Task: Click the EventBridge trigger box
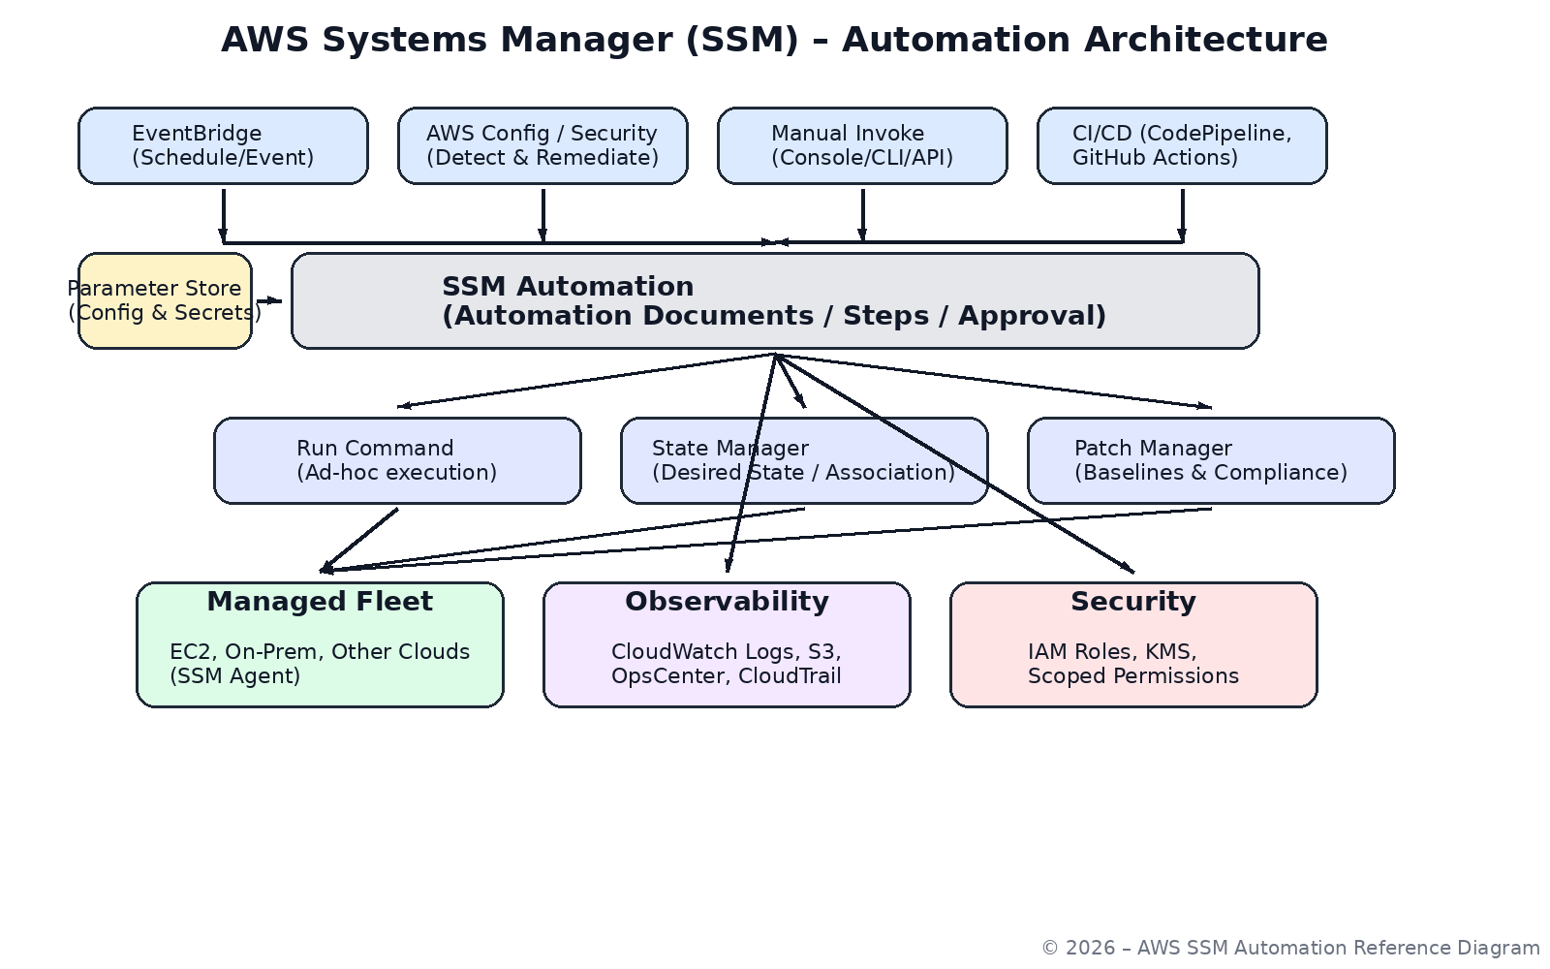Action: coord(223,145)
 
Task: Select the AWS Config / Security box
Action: coord(542,145)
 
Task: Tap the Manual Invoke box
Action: coord(862,145)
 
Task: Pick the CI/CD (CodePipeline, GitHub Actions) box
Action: coord(1182,145)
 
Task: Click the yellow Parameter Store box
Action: coord(165,300)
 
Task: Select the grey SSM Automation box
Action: coord(775,300)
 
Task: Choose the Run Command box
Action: coord(397,460)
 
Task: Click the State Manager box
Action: coord(804,460)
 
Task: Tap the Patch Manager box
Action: coord(1211,460)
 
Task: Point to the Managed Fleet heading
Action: coord(320,602)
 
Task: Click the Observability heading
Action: coord(727,602)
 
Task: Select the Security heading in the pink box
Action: coord(1133,602)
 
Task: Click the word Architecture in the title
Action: coord(1205,40)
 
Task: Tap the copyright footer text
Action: coord(1290,948)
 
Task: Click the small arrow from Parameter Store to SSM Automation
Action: coord(269,300)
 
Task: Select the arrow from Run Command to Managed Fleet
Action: coord(359,540)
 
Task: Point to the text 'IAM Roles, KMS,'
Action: coord(1112,652)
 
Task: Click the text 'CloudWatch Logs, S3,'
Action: coord(726,652)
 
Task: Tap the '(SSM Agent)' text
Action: coord(235,676)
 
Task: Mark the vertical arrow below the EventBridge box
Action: coord(223,215)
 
